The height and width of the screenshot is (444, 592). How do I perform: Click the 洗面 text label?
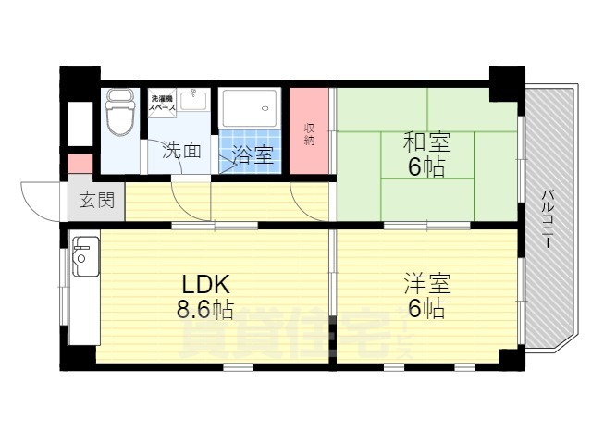(x=182, y=150)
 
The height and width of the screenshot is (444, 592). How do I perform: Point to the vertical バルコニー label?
(x=547, y=215)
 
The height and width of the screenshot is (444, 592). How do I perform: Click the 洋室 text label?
(x=425, y=281)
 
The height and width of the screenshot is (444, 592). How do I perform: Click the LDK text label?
(x=204, y=282)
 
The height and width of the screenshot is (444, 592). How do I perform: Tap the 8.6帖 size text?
(x=205, y=308)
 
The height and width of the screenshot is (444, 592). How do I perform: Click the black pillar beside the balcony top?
(x=506, y=82)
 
